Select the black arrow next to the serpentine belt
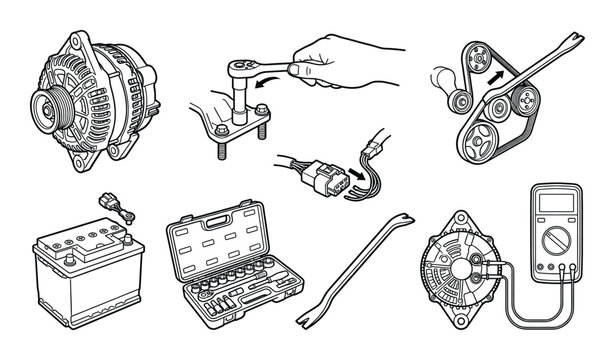coord(493,74)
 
